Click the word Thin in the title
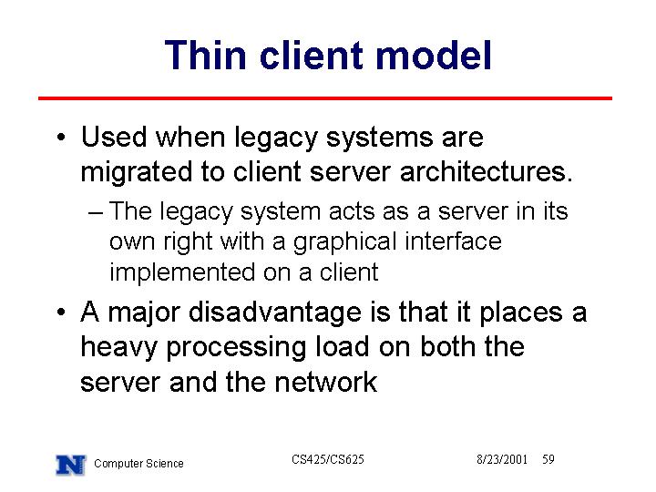(x=206, y=56)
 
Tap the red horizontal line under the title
(x=325, y=98)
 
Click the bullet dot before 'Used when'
(x=61, y=138)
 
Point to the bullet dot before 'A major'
(x=61, y=313)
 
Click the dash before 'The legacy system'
(x=96, y=212)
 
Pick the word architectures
(x=487, y=171)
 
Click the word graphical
(x=344, y=242)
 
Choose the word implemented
(x=182, y=272)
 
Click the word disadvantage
(x=275, y=313)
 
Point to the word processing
(x=236, y=348)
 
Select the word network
(x=326, y=382)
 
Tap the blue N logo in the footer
(x=71, y=465)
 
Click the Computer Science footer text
(x=138, y=464)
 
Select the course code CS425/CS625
(x=328, y=459)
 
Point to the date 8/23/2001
(x=502, y=459)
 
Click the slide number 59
(x=548, y=459)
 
